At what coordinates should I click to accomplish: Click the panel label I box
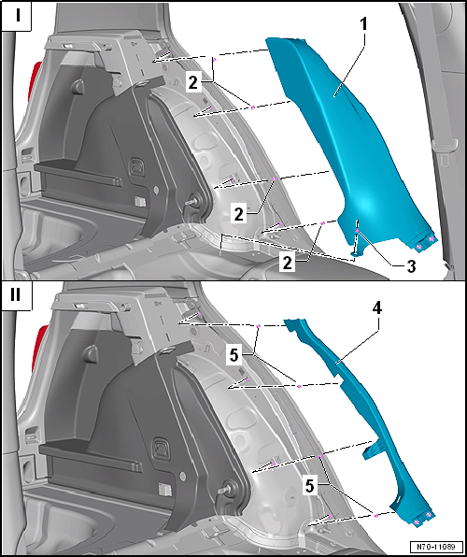point(16,16)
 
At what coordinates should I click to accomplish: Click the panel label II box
point(16,296)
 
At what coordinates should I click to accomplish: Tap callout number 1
point(363,25)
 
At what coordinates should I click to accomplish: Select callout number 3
point(411,266)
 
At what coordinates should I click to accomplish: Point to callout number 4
point(376,309)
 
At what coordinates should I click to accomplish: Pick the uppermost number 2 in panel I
point(192,84)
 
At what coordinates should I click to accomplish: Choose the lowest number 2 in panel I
point(288,264)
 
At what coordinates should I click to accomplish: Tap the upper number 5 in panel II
point(233,355)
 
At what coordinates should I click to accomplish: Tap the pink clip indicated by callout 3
point(356,231)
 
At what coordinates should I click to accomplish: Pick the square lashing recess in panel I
point(136,166)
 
